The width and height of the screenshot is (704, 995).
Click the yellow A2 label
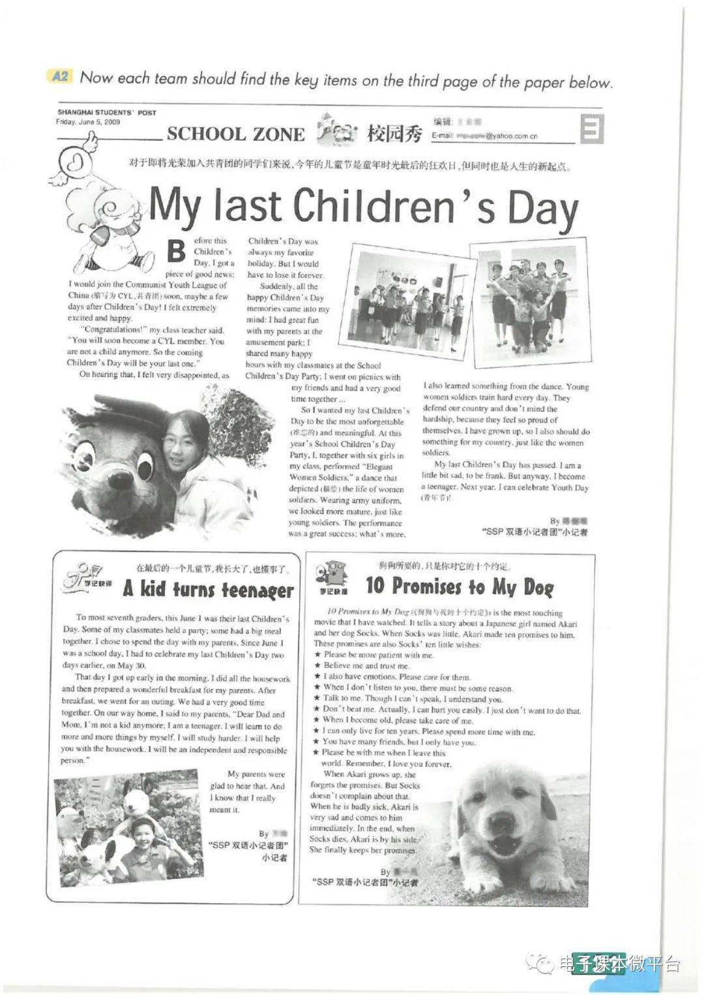click(60, 77)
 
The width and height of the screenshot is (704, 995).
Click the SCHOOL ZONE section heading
click(235, 134)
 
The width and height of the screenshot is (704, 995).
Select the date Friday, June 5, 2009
click(88, 122)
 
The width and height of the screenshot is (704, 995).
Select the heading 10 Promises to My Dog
click(460, 586)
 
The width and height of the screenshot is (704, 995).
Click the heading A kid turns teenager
click(208, 589)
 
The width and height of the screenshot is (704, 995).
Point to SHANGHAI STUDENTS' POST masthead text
click(107, 113)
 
